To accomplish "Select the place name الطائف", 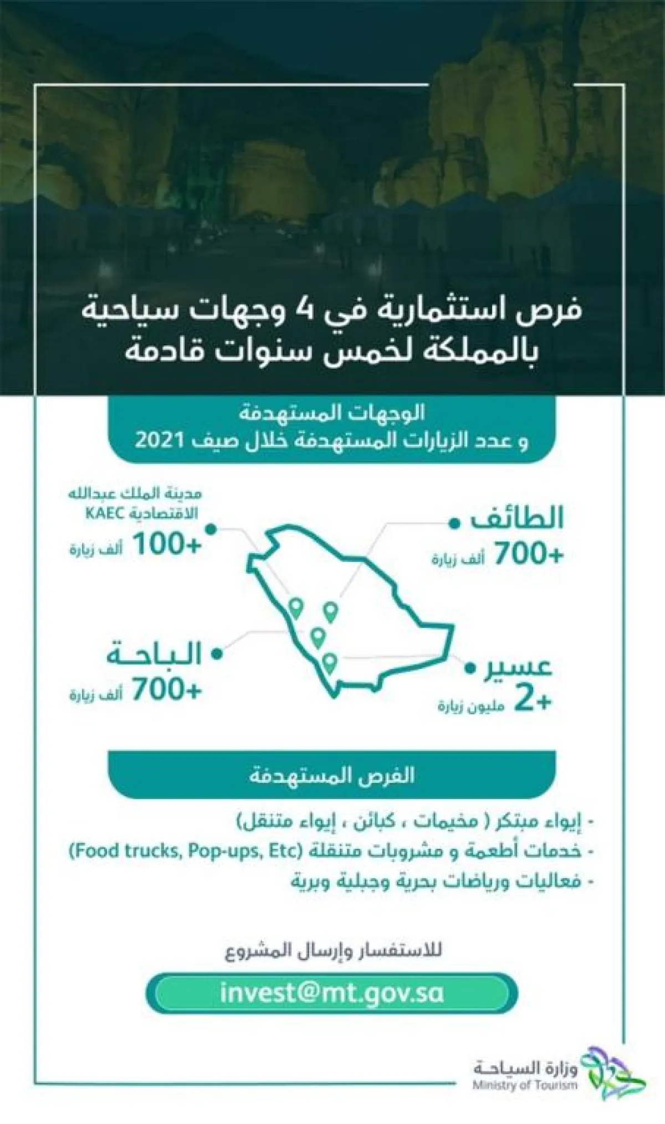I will coord(516,519).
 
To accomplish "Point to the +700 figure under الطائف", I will coord(528,554).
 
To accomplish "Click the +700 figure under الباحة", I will coord(166,690).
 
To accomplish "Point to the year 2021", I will coord(160,441).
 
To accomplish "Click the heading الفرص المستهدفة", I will coord(331,775).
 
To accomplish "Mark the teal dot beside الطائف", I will coord(454,523).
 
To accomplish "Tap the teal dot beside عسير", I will coord(470,668).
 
